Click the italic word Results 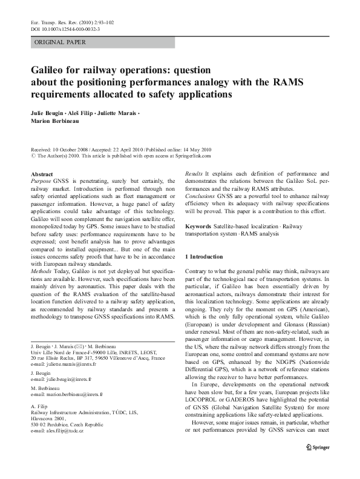[194, 174]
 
